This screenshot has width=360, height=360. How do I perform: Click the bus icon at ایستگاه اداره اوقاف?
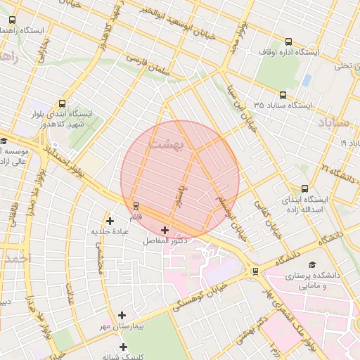tap(288, 41)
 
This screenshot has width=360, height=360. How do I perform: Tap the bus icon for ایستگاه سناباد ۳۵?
tap(283, 95)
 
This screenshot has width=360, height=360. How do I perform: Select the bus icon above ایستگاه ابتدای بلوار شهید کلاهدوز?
tap(63, 103)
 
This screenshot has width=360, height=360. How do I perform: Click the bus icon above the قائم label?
tap(136, 205)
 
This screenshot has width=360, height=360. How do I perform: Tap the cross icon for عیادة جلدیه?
tap(109, 221)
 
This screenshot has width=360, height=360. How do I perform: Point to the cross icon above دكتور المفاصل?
tap(165, 230)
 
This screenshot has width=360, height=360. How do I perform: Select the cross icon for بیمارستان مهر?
tap(122, 316)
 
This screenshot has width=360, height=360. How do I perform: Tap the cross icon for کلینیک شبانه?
tap(123, 347)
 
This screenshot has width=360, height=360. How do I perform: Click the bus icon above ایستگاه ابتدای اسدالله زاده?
tap(304, 188)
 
